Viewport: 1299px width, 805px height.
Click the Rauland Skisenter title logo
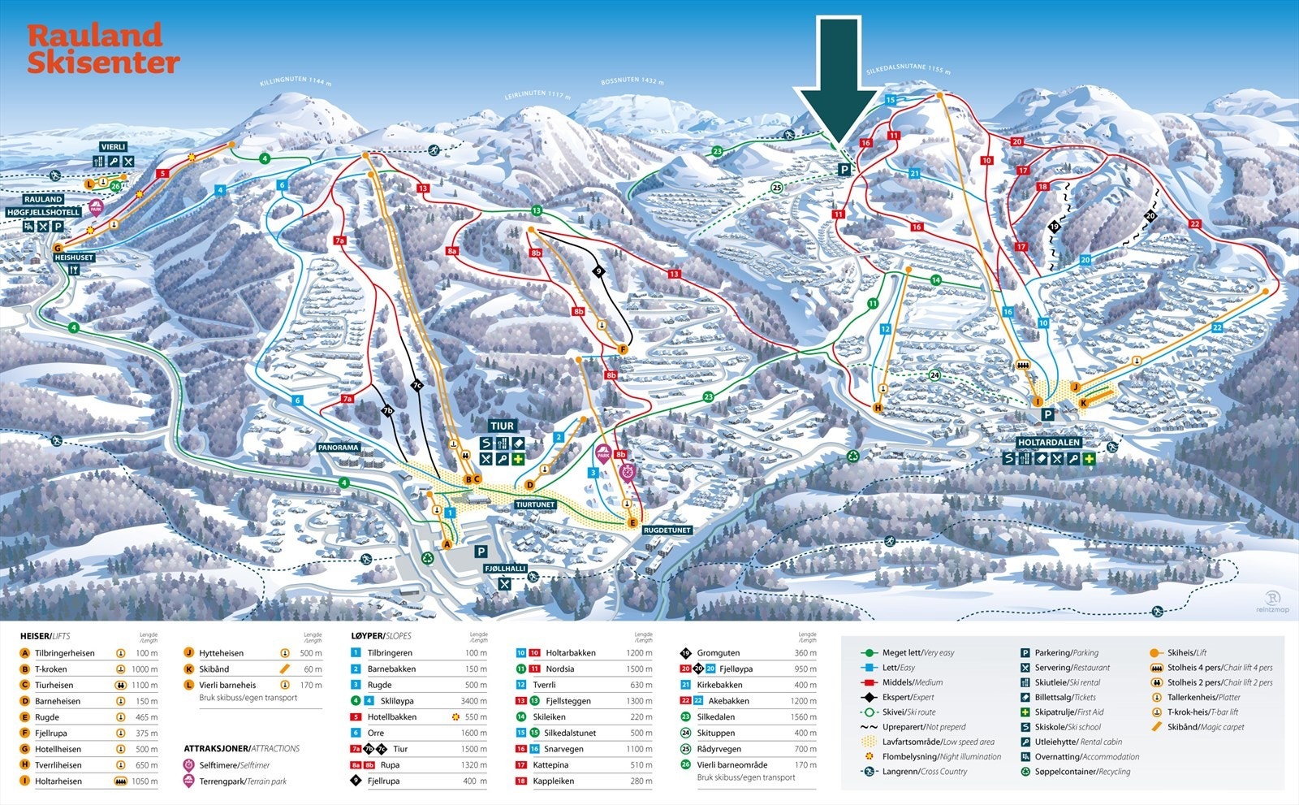[102, 49]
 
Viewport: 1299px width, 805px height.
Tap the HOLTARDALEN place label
[1048, 443]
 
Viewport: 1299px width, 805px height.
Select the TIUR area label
[502, 426]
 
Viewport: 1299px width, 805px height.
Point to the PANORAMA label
[339, 448]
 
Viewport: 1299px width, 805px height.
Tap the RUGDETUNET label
[667, 530]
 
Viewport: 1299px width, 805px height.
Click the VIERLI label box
[114, 147]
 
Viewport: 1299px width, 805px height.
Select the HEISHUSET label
[74, 258]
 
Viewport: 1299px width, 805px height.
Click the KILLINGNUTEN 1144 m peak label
[296, 81]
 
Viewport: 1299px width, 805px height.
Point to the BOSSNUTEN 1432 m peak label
[632, 81]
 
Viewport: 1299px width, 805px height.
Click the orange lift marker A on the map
[447, 544]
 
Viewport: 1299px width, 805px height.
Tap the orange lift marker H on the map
[878, 408]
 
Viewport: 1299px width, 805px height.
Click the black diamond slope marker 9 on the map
[599, 271]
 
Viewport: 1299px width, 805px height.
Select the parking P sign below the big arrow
[844, 170]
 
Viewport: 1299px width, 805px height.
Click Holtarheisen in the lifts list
[58, 781]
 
